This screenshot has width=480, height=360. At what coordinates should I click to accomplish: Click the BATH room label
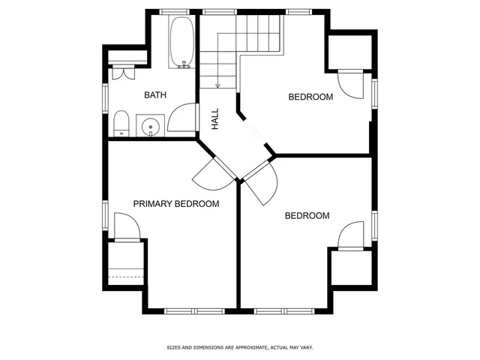tap(155, 95)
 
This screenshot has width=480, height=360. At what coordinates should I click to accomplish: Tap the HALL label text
tap(215, 116)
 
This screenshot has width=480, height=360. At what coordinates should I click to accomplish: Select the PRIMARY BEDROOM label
tap(176, 204)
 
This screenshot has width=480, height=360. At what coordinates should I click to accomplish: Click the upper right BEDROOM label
tap(310, 97)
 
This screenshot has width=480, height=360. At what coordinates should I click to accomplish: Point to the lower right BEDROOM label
tap(307, 216)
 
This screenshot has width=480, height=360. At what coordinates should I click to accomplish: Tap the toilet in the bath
tap(121, 124)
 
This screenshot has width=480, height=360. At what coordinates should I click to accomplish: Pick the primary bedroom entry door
tap(211, 176)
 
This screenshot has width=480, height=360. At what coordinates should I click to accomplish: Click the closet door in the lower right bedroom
tap(350, 235)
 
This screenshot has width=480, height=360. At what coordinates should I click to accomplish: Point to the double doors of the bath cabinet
tap(122, 74)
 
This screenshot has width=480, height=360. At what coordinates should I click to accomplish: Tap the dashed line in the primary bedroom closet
tap(126, 277)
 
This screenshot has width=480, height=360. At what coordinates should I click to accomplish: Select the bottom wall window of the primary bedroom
tap(191, 310)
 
